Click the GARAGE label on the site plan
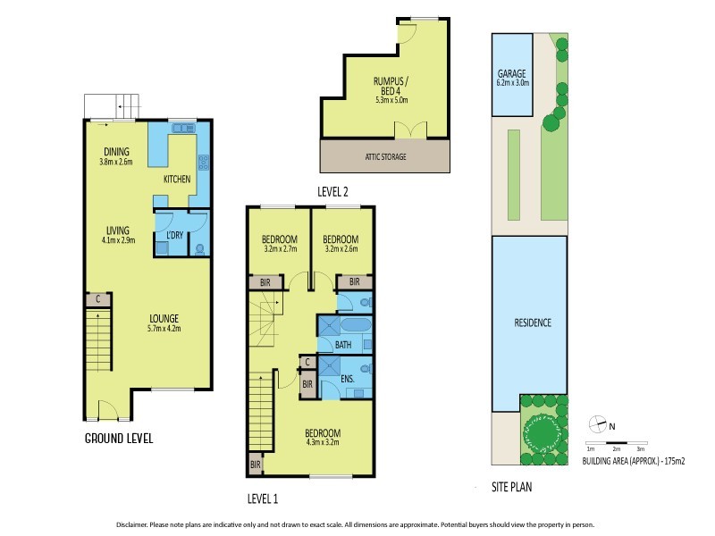pos(513,73)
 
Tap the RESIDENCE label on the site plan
pos(533,322)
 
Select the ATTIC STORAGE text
pos(384,157)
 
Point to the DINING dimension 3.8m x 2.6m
pos(117,163)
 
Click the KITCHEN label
pos(176,180)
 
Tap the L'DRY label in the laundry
pos(174,235)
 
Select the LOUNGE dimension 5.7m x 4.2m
pos(164,328)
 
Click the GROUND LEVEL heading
pos(119,439)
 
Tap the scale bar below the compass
pos(616,444)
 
